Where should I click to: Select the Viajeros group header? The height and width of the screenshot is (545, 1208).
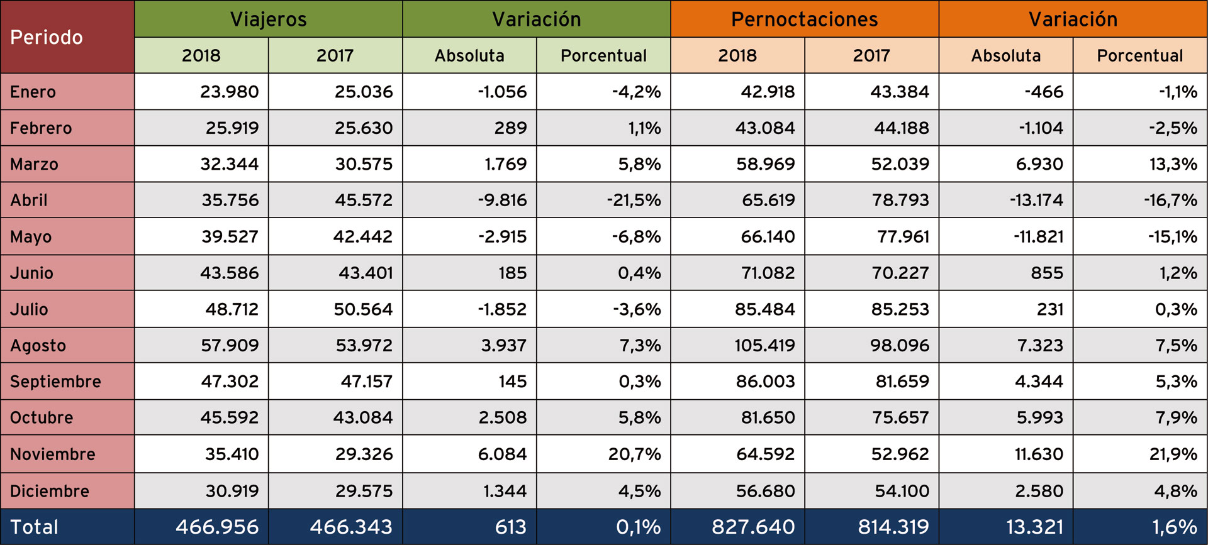click(x=268, y=19)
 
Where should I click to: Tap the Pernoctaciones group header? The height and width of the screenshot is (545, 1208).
click(x=804, y=19)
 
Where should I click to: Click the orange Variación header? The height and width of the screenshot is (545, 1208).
click(x=1073, y=19)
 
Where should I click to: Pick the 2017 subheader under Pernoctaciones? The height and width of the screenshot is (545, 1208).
click(x=871, y=55)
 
